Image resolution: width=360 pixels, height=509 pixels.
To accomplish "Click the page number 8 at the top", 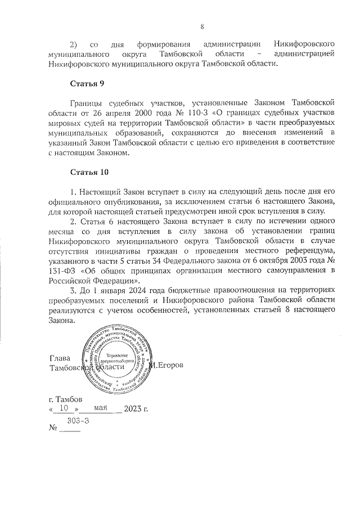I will [x=202, y=26].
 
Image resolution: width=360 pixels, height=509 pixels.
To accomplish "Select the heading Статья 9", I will [x=87, y=84].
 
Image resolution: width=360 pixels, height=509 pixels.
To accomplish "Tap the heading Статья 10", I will [x=89, y=171].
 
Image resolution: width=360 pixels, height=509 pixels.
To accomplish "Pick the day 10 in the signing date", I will [x=64, y=408].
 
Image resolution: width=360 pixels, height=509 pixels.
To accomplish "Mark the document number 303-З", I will [x=75, y=420].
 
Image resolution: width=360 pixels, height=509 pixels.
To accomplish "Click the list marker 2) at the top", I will [x=74, y=43].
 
